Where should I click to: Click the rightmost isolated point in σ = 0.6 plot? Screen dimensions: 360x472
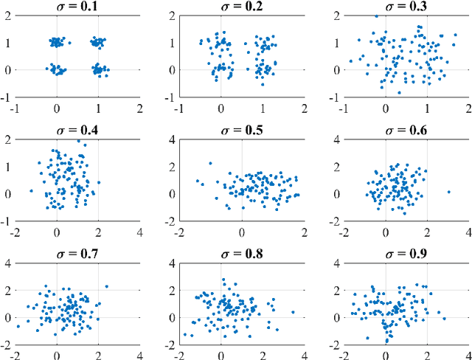[x=448, y=192]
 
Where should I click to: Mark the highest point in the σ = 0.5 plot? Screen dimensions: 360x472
[x=210, y=163]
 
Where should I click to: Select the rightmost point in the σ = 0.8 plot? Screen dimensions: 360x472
[x=293, y=312]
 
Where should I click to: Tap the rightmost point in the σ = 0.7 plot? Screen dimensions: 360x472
[x=106, y=286]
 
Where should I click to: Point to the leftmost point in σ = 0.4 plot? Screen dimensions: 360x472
[x=31, y=191]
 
